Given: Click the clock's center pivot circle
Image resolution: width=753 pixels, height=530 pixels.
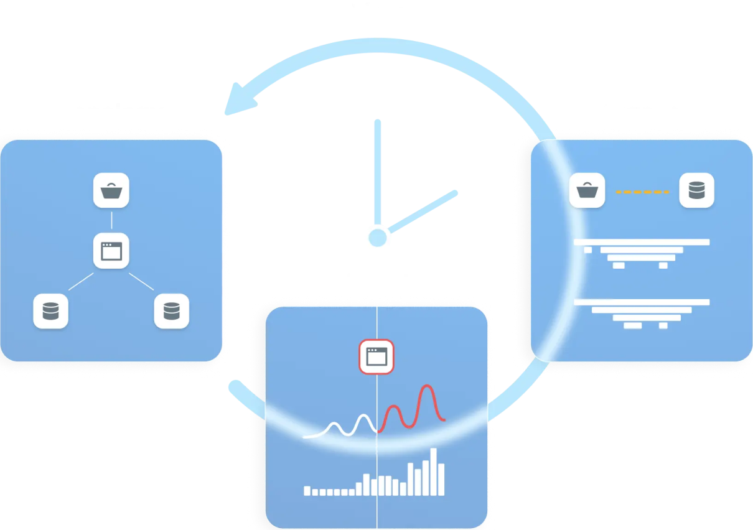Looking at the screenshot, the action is coord(377,237).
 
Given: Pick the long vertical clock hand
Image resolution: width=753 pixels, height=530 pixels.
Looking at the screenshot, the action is coord(377,171).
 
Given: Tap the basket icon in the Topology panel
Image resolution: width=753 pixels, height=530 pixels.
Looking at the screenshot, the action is coord(111,190).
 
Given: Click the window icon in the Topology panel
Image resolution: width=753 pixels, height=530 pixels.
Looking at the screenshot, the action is coord(111,251).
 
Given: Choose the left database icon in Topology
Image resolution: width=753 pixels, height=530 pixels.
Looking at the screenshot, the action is coord(50,311).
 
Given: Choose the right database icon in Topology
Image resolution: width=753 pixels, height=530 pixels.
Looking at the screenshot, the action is coord(172,311).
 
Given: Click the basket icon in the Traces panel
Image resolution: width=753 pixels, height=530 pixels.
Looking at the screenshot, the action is coord(587,190).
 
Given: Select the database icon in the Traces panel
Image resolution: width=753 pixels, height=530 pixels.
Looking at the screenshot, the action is coord(696,190).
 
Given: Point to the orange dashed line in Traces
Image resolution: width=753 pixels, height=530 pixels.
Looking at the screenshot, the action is coord(642,192).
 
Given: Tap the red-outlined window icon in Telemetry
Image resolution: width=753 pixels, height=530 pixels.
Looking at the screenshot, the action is coord(376,356).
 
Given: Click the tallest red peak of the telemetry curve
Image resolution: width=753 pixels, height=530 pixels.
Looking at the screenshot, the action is coord(427,388).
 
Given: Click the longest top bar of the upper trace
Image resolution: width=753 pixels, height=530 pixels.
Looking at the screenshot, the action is coord(642,242).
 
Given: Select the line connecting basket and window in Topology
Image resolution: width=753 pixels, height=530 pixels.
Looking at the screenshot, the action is coord(111,220).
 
